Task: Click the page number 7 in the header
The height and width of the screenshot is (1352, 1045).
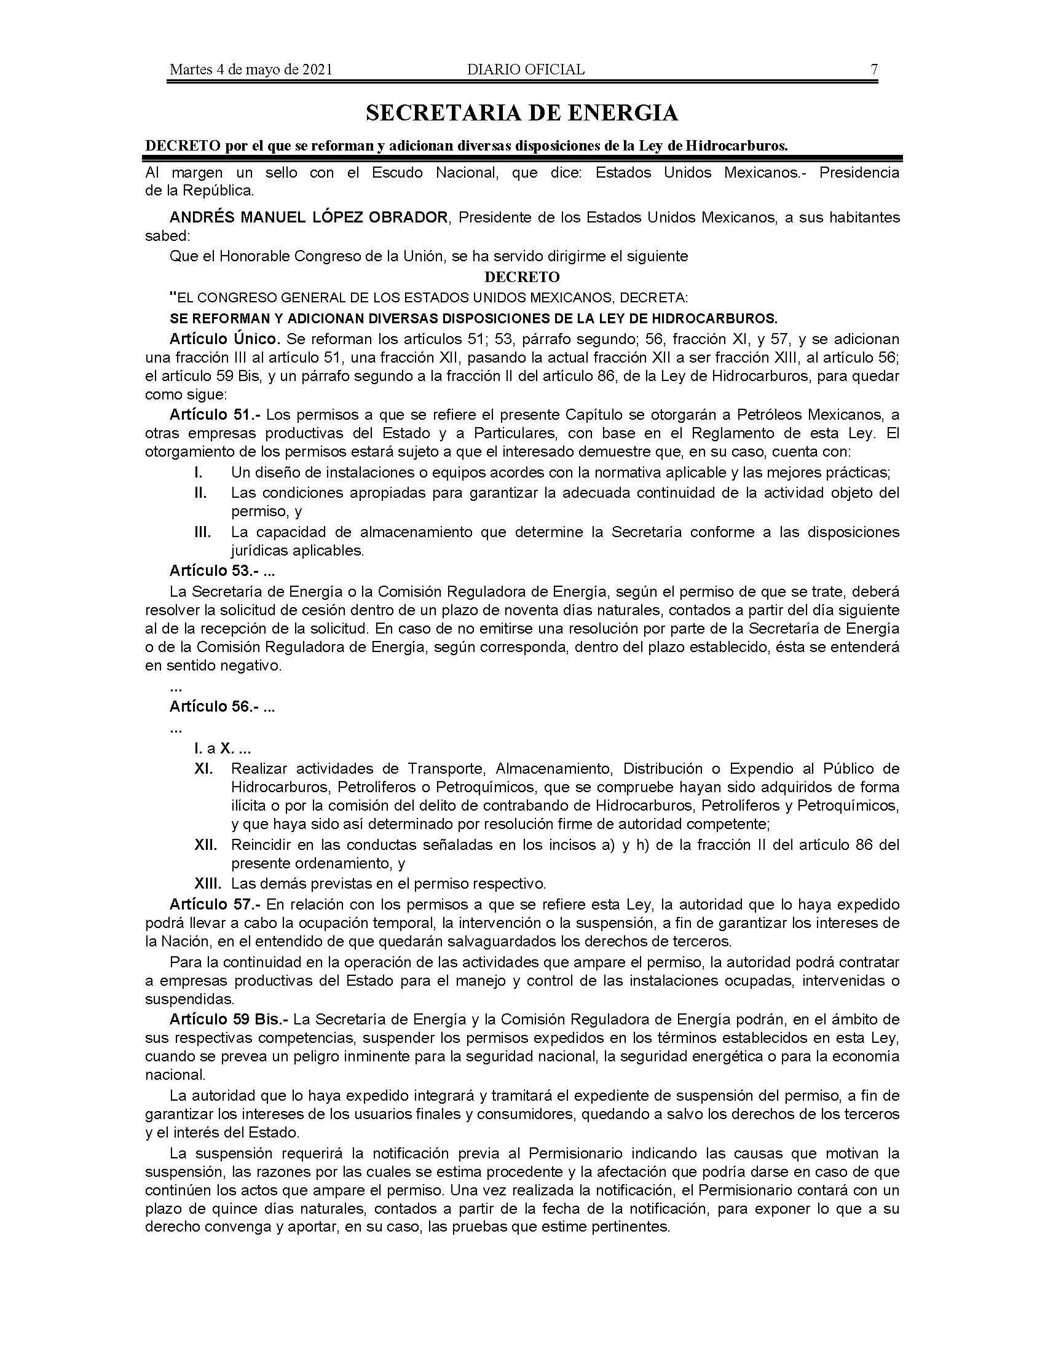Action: coord(874,69)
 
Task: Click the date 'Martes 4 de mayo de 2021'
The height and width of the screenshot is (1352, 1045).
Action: coord(251,69)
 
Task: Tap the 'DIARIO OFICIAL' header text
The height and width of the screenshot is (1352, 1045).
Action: coord(526,69)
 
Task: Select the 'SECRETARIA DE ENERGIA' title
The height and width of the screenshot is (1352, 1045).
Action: coord(522,112)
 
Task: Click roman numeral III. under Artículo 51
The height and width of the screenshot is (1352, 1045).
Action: coord(203,532)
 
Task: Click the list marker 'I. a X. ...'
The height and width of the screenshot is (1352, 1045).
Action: coord(223,749)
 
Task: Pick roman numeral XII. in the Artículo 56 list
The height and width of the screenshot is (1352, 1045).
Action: coord(205,845)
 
